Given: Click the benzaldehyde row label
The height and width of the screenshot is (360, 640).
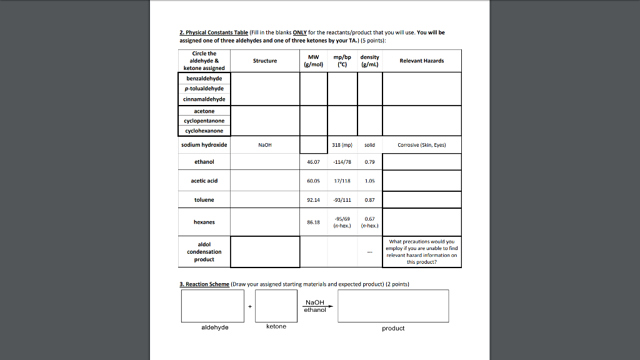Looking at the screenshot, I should pos(204,79).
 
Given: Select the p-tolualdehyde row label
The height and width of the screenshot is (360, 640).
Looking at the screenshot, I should pos(204,89).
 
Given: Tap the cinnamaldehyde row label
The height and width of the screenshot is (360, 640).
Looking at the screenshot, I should pos(204,99).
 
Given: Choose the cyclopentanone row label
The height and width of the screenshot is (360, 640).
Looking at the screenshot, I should pos(204,121).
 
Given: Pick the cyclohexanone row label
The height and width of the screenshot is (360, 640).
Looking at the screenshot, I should pos(204,131).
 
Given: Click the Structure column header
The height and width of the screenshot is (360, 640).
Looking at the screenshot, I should pos(265,61).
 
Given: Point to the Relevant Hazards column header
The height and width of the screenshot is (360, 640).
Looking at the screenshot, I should pos(422,61).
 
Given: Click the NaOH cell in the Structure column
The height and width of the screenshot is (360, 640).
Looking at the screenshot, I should pos(265,145).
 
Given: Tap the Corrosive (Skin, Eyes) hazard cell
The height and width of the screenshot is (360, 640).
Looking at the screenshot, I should pos(422,145).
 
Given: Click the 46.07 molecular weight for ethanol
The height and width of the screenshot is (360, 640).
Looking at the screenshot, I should pos(314,162).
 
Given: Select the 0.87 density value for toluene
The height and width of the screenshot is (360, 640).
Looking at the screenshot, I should pos(369,200).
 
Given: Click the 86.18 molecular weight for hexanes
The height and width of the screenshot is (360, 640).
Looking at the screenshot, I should pos(314,222).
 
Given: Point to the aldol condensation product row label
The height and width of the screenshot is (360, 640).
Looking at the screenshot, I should pos(204,252).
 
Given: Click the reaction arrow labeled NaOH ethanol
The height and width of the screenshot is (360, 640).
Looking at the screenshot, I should pos(315,306).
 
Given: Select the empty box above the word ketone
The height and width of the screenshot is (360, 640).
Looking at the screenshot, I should pos(276,306).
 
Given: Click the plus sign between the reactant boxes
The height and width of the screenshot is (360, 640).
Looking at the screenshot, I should pos(250,306).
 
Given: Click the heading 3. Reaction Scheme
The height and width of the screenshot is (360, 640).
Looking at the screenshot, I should pos(204,284).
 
